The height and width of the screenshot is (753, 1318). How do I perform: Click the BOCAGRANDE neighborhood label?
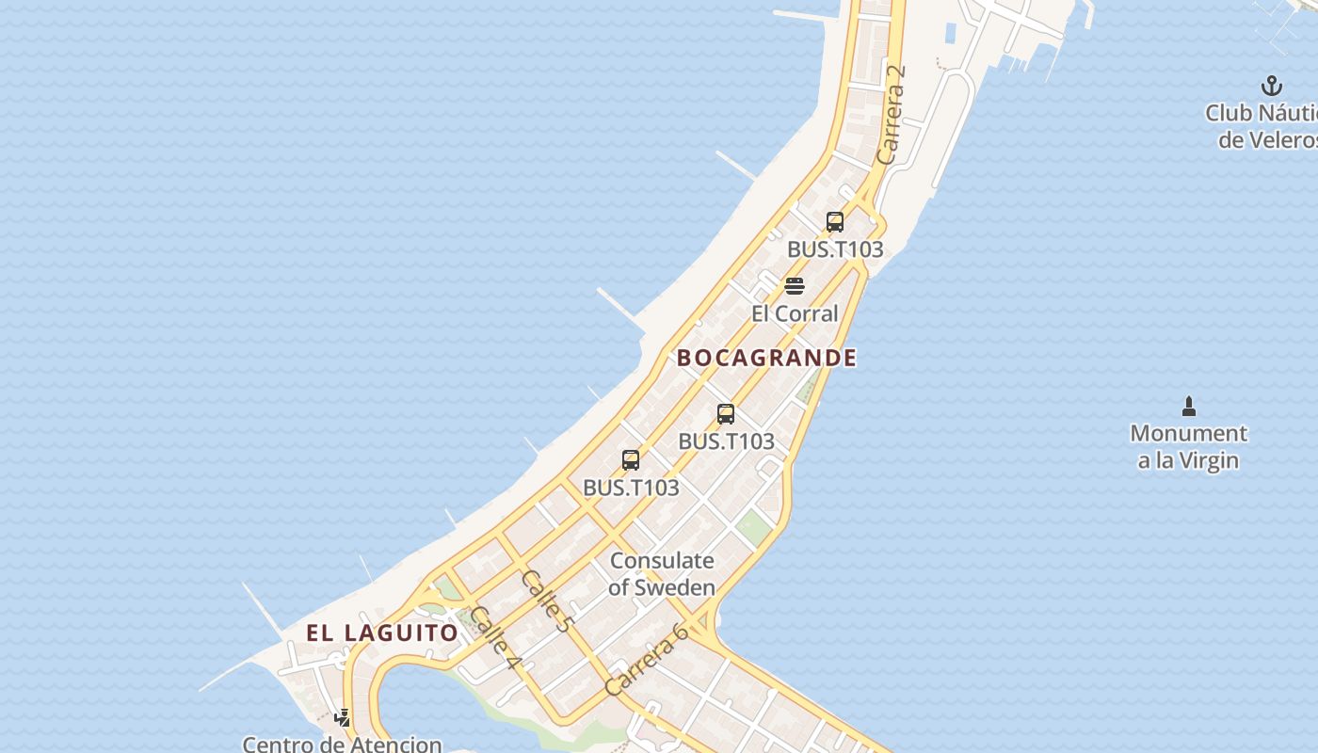click(766, 358)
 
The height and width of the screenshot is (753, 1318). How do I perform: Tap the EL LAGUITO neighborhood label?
click(382, 633)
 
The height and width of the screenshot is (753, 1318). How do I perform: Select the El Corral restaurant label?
click(795, 313)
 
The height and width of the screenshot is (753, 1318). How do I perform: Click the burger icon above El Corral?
click(795, 286)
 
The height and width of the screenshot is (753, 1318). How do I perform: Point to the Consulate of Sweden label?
click(662, 573)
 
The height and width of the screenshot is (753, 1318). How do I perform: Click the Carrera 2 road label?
click(890, 114)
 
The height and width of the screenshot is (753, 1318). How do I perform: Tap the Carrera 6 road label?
click(647, 659)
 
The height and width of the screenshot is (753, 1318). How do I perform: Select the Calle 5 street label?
click(546, 600)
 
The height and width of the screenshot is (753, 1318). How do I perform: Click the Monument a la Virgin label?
click(1188, 447)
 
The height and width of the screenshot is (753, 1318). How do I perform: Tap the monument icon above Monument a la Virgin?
click(1188, 407)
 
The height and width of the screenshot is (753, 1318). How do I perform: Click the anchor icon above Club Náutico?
click(1272, 86)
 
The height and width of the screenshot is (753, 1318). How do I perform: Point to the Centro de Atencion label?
click(342, 744)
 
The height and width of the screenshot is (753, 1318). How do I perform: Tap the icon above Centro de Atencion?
click(343, 718)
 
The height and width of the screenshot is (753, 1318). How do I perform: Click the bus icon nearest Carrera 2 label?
click(835, 222)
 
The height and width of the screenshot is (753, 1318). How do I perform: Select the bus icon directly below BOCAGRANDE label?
click(726, 414)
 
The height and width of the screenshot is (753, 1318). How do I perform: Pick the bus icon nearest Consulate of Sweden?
click(631, 460)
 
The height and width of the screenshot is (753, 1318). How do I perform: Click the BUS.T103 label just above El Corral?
click(835, 249)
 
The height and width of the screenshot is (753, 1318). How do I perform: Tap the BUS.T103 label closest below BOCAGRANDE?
click(726, 441)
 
